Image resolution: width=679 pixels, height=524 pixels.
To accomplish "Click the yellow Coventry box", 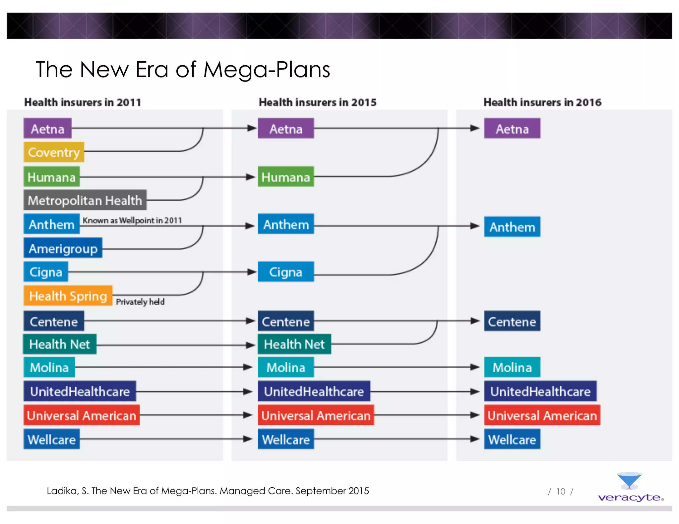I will click(x=54, y=152).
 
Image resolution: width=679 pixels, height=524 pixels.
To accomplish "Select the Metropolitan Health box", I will click(x=85, y=200).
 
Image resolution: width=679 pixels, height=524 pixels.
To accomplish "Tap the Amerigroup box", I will click(x=63, y=248).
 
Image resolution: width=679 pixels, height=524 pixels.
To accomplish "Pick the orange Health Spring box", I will click(x=68, y=296).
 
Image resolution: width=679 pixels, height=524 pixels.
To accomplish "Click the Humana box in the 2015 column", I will click(x=286, y=177).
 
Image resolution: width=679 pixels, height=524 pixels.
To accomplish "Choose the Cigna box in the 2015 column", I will click(x=286, y=272).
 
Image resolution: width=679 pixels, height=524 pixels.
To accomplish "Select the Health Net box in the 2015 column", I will click(x=294, y=344).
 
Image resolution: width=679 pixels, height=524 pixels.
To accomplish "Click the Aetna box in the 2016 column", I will click(x=512, y=129).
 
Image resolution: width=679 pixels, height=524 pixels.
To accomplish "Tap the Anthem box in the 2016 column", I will click(x=512, y=227).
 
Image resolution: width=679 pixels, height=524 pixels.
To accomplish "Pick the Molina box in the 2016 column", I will click(x=512, y=367).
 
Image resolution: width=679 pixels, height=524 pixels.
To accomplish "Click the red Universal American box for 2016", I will click(x=542, y=415).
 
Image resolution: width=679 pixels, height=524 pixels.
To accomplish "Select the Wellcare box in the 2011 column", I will click(x=52, y=440).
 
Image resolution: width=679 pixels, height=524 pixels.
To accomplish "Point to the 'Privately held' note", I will click(x=140, y=302).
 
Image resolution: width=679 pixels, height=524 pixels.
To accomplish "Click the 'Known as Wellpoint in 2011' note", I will click(x=132, y=220).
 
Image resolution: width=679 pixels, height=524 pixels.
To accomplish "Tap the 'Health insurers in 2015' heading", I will click(x=318, y=102).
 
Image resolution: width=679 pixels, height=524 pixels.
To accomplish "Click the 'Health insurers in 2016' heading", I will click(x=542, y=102).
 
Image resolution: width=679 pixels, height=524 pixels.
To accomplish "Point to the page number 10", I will click(x=561, y=491).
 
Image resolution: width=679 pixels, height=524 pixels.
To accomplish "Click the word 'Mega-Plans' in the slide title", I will click(x=267, y=70).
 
